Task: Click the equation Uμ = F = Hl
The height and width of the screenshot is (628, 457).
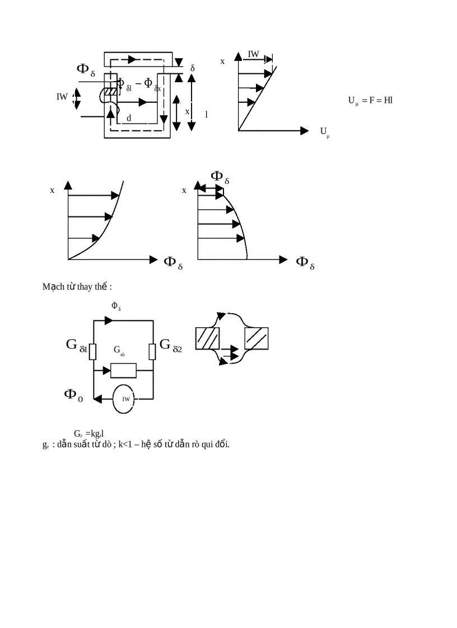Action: point(370,101)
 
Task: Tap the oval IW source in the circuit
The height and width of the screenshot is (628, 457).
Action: point(126,399)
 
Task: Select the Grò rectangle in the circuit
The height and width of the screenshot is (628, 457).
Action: point(123,370)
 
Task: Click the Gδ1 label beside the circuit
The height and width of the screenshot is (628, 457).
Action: point(77,345)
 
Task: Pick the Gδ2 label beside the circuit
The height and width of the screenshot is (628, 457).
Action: point(171,345)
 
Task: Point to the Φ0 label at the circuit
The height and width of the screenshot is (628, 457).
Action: point(73,394)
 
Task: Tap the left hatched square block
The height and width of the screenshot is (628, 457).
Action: point(207,338)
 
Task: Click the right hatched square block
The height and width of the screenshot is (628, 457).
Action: point(257,338)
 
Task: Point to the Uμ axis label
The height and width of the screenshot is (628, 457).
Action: point(325,132)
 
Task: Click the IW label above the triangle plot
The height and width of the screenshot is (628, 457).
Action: point(254,54)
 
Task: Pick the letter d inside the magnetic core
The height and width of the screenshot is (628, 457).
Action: point(129,118)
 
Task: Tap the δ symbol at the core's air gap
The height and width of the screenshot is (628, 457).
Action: point(193,68)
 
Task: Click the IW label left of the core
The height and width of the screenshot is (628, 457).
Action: point(62,96)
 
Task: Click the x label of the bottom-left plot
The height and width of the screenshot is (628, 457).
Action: point(52,190)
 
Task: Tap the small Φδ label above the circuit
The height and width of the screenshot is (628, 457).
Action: point(116,305)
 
